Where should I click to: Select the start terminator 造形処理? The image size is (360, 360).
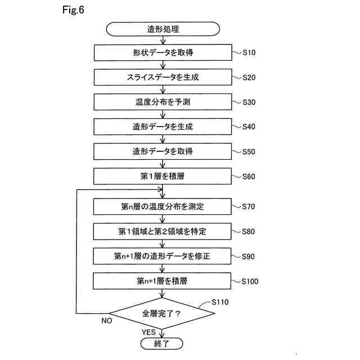(163, 28)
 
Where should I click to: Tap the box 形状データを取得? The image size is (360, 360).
(163, 53)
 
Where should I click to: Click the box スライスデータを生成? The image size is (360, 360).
(163, 77)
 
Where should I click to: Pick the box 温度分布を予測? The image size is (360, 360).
(163, 102)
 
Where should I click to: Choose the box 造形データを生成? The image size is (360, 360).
(163, 127)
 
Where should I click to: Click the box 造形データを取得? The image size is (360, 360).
(163, 151)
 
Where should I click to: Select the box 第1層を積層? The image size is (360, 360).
(163, 176)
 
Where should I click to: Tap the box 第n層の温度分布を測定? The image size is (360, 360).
(163, 206)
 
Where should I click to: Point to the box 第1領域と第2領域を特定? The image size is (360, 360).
(163, 231)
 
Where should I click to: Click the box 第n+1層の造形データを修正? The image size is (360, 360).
(163, 256)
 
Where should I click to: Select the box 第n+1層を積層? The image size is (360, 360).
(163, 280)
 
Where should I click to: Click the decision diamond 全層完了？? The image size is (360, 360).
(163, 313)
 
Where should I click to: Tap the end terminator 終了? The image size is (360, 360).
(163, 343)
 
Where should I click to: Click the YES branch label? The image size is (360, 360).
(148, 332)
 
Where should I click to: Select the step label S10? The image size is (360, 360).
(249, 53)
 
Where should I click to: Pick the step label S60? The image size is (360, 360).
(249, 176)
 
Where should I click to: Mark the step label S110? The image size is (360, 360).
(220, 302)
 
